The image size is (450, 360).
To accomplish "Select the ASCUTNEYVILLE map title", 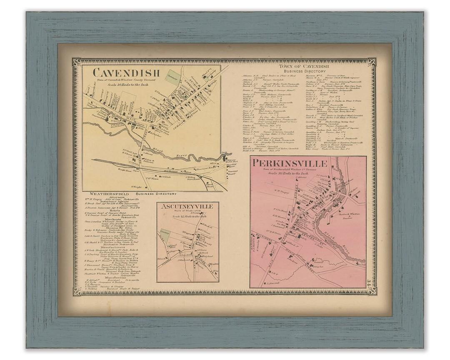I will (187, 207).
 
